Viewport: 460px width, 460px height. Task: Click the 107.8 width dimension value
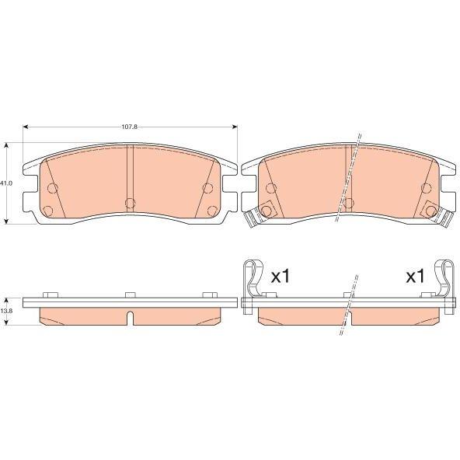click(129, 127)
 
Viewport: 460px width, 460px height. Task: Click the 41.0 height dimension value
click(6, 183)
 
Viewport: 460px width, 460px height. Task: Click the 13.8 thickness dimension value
click(6, 311)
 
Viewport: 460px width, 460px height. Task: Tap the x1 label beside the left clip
click(281, 277)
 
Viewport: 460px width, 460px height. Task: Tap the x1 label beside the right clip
click(415, 277)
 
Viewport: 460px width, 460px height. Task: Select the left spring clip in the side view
click(253, 286)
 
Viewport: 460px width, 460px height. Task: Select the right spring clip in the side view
click(446, 286)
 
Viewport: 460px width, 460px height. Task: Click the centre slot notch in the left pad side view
click(130, 318)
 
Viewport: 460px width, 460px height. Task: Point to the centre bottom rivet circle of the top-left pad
click(130, 203)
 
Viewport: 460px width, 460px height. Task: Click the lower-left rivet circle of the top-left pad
click(48, 211)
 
